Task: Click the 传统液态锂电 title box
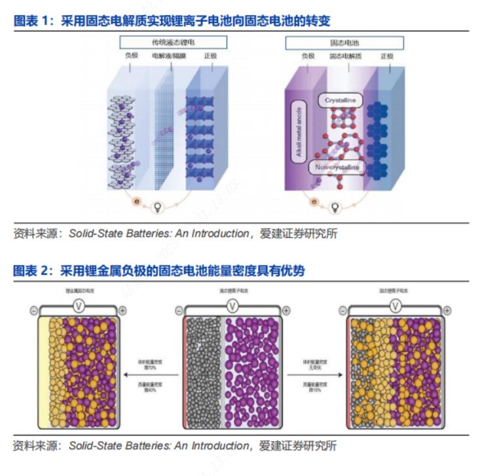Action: click(173, 43)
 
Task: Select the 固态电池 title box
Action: click(344, 43)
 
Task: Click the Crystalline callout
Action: click(340, 100)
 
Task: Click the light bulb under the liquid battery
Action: click(157, 207)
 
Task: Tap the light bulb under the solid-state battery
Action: click(333, 207)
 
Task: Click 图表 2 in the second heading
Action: click(31, 270)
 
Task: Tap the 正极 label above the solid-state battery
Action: click(387, 57)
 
